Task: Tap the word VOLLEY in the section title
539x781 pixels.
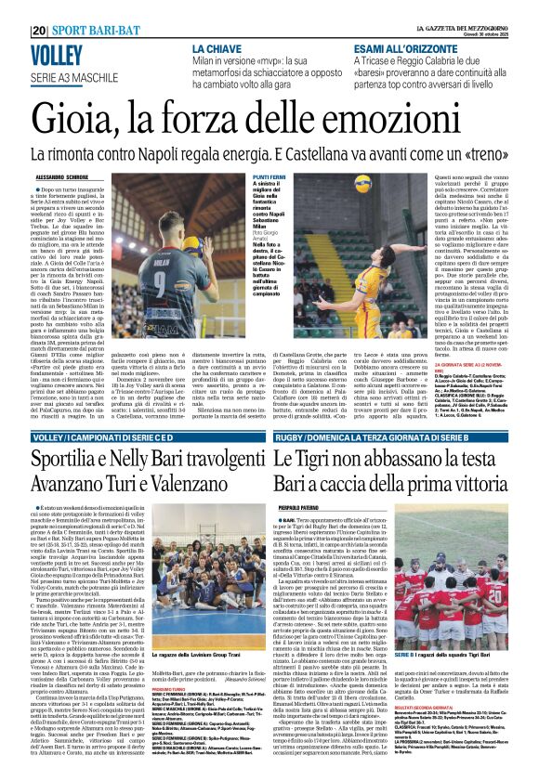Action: [x=57, y=56]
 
